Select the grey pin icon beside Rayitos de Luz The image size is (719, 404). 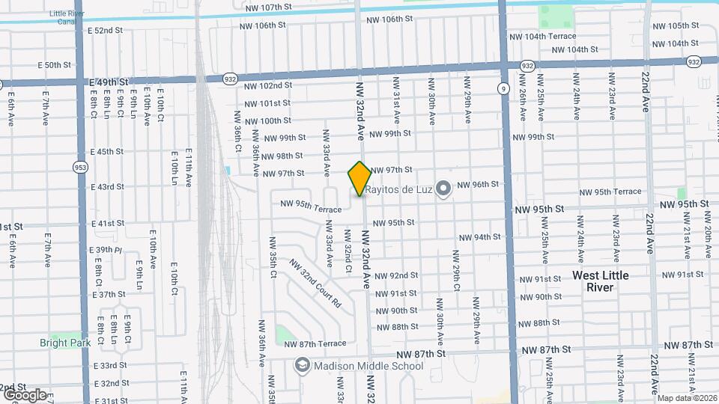[x=443, y=188]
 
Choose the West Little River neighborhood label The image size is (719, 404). [x=601, y=281]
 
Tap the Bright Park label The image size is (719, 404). [x=65, y=343]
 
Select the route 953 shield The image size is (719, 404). [x=79, y=167]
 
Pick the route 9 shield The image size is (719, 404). [x=501, y=88]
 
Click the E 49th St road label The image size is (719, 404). [x=109, y=81]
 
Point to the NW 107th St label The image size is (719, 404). [x=267, y=7]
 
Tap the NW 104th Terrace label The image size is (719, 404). [x=542, y=36]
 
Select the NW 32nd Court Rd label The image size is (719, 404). [x=315, y=284]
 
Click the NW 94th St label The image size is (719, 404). [x=476, y=237]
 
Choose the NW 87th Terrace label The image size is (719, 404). [x=315, y=343]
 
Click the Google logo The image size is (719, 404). [x=25, y=394]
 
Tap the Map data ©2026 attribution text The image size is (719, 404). [x=685, y=398]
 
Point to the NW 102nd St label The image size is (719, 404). [x=267, y=86]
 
